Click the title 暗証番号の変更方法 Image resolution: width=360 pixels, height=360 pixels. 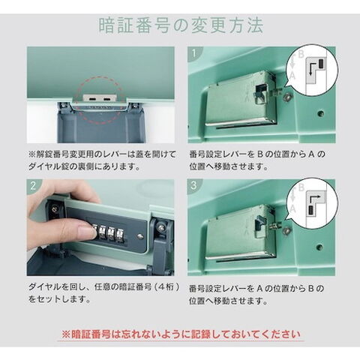coord(181,25)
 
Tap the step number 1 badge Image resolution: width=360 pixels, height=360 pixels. coord(194,53)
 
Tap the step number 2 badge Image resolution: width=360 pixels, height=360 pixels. coord(33,186)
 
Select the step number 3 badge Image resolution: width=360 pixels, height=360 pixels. coord(194,185)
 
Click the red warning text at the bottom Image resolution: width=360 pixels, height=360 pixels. coord(181,334)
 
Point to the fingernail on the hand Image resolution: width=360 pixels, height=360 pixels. coord(87,229)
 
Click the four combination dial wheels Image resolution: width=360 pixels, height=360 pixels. coord(109,232)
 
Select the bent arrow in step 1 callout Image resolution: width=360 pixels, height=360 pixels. coord(310,67)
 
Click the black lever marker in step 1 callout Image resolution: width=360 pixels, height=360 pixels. coord(321,64)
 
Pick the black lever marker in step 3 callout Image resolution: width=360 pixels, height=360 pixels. coord(311,210)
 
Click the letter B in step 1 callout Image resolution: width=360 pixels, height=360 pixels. coord(301,54)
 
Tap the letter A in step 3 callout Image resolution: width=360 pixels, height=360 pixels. coord(292,208)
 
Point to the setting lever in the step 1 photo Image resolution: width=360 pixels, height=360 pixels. coord(260,95)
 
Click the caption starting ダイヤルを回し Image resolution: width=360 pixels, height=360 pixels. coord(103,293)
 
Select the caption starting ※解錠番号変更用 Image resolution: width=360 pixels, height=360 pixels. coord(102,160)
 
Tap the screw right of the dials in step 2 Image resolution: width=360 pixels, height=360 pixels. coord(140,235)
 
